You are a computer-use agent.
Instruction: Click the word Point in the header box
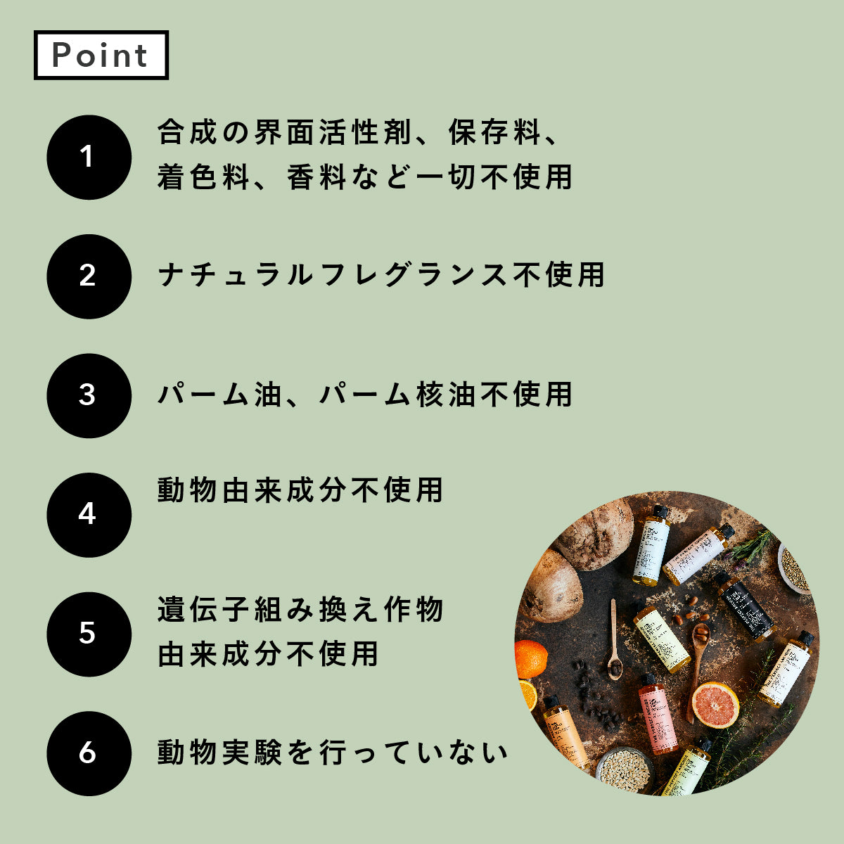coord(101,55)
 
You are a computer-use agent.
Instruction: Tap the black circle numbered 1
coord(89,157)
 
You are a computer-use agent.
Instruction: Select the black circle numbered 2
coord(89,276)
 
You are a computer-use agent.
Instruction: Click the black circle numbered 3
coord(89,395)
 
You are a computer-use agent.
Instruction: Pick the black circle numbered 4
coord(89,515)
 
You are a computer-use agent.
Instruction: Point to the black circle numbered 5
coord(89,634)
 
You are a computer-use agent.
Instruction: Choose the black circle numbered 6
coord(89,753)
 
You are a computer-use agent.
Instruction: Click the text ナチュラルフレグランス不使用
coord(381,274)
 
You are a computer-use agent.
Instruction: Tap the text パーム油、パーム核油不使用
coord(364,394)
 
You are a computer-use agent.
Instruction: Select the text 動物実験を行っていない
coord(332,753)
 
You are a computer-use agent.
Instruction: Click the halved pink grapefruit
coord(714,704)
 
